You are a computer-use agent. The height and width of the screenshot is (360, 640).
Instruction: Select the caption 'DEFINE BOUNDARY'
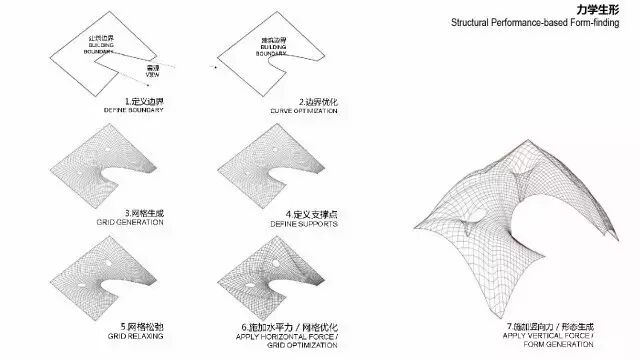pos(133,108)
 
